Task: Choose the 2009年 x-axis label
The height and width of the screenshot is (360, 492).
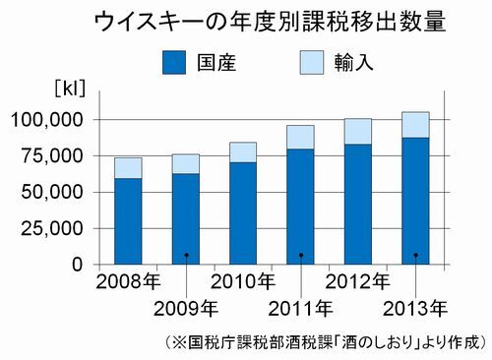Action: (x=186, y=310)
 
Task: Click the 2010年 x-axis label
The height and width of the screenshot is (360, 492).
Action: (x=243, y=282)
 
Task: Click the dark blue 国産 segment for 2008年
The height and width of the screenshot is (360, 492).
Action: (x=129, y=220)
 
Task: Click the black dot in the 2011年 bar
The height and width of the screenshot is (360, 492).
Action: (x=301, y=256)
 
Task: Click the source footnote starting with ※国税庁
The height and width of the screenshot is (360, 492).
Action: (x=321, y=342)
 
